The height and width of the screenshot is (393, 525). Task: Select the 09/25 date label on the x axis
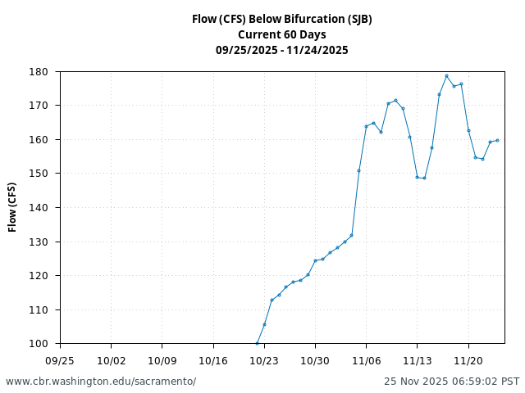click(60, 359)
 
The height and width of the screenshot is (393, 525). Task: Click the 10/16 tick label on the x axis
click(213, 359)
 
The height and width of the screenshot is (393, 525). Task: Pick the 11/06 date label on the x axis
click(366, 359)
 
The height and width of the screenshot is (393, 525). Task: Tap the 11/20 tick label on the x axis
click(468, 359)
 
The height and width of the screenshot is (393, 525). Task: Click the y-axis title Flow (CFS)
click(13, 207)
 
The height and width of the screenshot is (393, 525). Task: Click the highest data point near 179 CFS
click(446, 76)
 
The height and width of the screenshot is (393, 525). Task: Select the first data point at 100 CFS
click(257, 343)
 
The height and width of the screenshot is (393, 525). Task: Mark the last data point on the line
click(497, 140)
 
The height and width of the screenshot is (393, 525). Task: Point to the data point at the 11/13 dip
click(418, 177)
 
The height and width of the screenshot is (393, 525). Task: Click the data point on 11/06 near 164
click(366, 126)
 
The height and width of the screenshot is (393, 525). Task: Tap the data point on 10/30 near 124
click(315, 260)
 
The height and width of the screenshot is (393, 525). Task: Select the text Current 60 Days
click(281, 34)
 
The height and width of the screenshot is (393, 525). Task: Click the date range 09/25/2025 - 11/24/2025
click(281, 50)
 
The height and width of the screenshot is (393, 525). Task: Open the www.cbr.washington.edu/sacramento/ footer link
click(101, 382)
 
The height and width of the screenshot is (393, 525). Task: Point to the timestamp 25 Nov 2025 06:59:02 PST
click(451, 382)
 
